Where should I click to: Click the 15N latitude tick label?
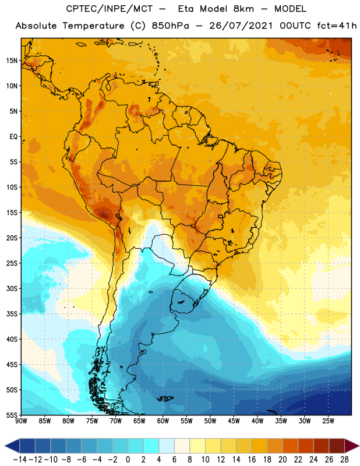click(x=12, y=61)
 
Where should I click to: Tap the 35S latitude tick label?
click(x=12, y=314)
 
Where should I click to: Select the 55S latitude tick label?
click(x=12, y=415)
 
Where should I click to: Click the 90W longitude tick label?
click(x=22, y=421)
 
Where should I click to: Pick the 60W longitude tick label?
click(x=163, y=421)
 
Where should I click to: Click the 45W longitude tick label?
click(x=234, y=421)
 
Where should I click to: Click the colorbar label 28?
click(x=344, y=460)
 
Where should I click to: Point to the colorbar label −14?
click(x=20, y=460)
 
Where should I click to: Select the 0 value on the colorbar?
click(x=128, y=460)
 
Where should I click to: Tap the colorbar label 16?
click(x=252, y=460)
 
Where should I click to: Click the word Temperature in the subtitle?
click(x=93, y=26)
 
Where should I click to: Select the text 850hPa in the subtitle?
click(x=170, y=26)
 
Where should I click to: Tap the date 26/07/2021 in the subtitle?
click(x=241, y=26)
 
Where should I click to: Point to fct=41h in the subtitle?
click(x=337, y=26)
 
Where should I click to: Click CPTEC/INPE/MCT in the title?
click(x=109, y=9)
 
